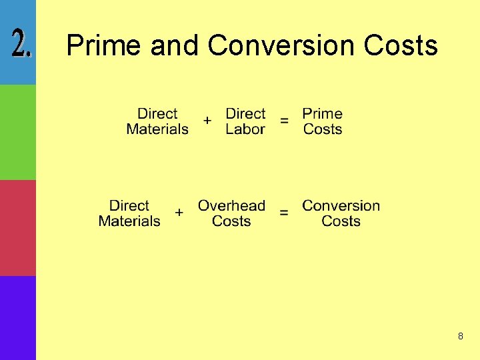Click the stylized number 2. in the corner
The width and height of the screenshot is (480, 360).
click(x=23, y=43)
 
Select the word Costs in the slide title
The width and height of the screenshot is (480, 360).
click(x=401, y=45)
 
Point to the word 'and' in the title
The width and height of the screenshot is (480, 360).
click(x=175, y=45)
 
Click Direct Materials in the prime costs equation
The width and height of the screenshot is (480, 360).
click(x=157, y=121)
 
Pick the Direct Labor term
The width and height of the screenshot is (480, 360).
click(x=245, y=121)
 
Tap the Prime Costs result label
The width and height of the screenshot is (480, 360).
click(x=323, y=121)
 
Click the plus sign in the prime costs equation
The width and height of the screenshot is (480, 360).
click(x=207, y=121)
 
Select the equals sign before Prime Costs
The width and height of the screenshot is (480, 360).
click(x=285, y=121)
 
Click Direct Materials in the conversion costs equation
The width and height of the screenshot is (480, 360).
click(x=129, y=213)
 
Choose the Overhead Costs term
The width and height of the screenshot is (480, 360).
click(x=231, y=213)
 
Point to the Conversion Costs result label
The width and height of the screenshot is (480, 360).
click(x=341, y=213)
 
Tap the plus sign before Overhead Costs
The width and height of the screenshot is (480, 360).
click(x=179, y=213)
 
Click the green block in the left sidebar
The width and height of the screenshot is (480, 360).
click(x=18, y=132)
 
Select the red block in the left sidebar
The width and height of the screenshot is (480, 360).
click(x=18, y=228)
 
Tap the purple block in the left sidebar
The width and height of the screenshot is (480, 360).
click(x=18, y=318)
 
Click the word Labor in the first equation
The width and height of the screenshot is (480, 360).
click(x=245, y=129)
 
